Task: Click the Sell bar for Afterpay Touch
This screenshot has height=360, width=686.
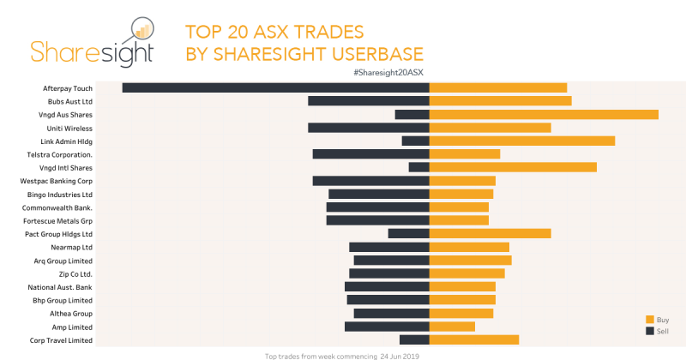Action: pyautogui.click(x=275, y=87)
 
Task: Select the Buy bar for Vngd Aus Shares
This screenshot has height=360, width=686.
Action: pyautogui.click(x=544, y=114)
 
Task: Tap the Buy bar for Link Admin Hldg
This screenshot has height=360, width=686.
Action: pyautogui.click(x=522, y=141)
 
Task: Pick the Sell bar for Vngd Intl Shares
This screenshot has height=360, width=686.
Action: pyautogui.click(x=419, y=167)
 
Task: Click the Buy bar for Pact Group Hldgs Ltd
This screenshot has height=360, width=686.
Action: pyautogui.click(x=490, y=233)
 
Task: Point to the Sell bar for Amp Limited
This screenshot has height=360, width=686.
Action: pyautogui.click(x=387, y=327)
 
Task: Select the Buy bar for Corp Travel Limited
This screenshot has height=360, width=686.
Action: pyautogui.click(x=474, y=340)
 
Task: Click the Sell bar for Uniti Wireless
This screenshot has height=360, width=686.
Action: pyautogui.click(x=369, y=128)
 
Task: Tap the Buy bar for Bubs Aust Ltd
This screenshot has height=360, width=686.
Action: pyautogui.click(x=500, y=101)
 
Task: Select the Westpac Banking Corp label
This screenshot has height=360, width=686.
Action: pyautogui.click(x=56, y=181)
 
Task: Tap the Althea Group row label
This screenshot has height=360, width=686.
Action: pyautogui.click(x=71, y=314)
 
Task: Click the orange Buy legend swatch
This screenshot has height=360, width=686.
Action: pyautogui.click(x=650, y=319)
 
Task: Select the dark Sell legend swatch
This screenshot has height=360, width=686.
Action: pyautogui.click(x=650, y=330)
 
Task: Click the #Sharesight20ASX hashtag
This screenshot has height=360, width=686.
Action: pyautogui.click(x=388, y=73)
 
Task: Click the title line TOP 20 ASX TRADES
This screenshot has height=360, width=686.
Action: pyautogui.click(x=274, y=33)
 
